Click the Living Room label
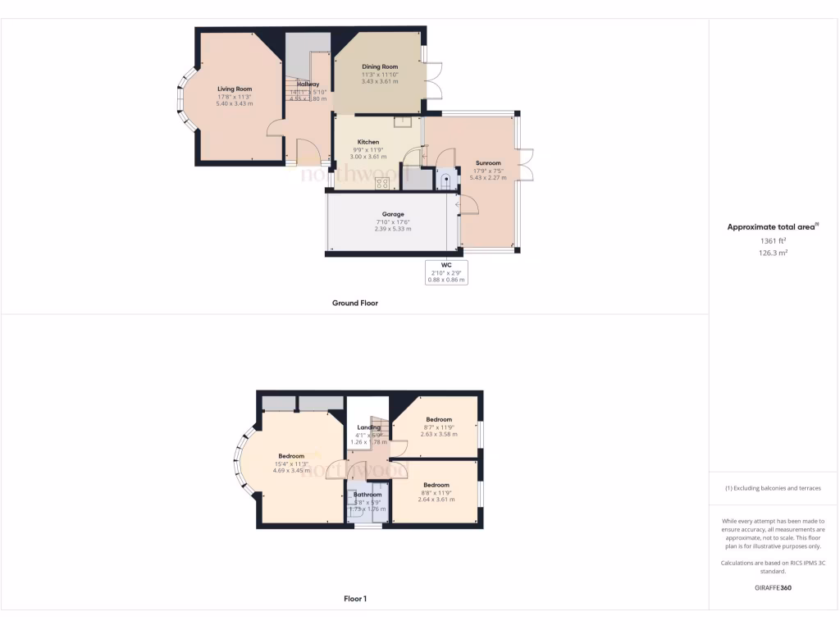[x=235, y=89]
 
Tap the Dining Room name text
[x=380, y=66]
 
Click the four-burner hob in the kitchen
[x=381, y=183]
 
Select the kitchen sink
[x=402, y=122]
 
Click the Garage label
[x=393, y=214]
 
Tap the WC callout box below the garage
[x=446, y=272]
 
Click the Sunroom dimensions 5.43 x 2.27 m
[x=488, y=177]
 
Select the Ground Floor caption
[x=355, y=303]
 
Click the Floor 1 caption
[x=355, y=599]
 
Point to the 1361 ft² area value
[x=774, y=241]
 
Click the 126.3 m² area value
[x=774, y=253]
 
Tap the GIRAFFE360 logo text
[x=774, y=587]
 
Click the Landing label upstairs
[x=368, y=427]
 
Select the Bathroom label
[x=367, y=495]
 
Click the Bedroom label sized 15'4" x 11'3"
[x=291, y=456]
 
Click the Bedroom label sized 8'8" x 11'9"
[x=436, y=485]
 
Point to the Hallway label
[x=308, y=84]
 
